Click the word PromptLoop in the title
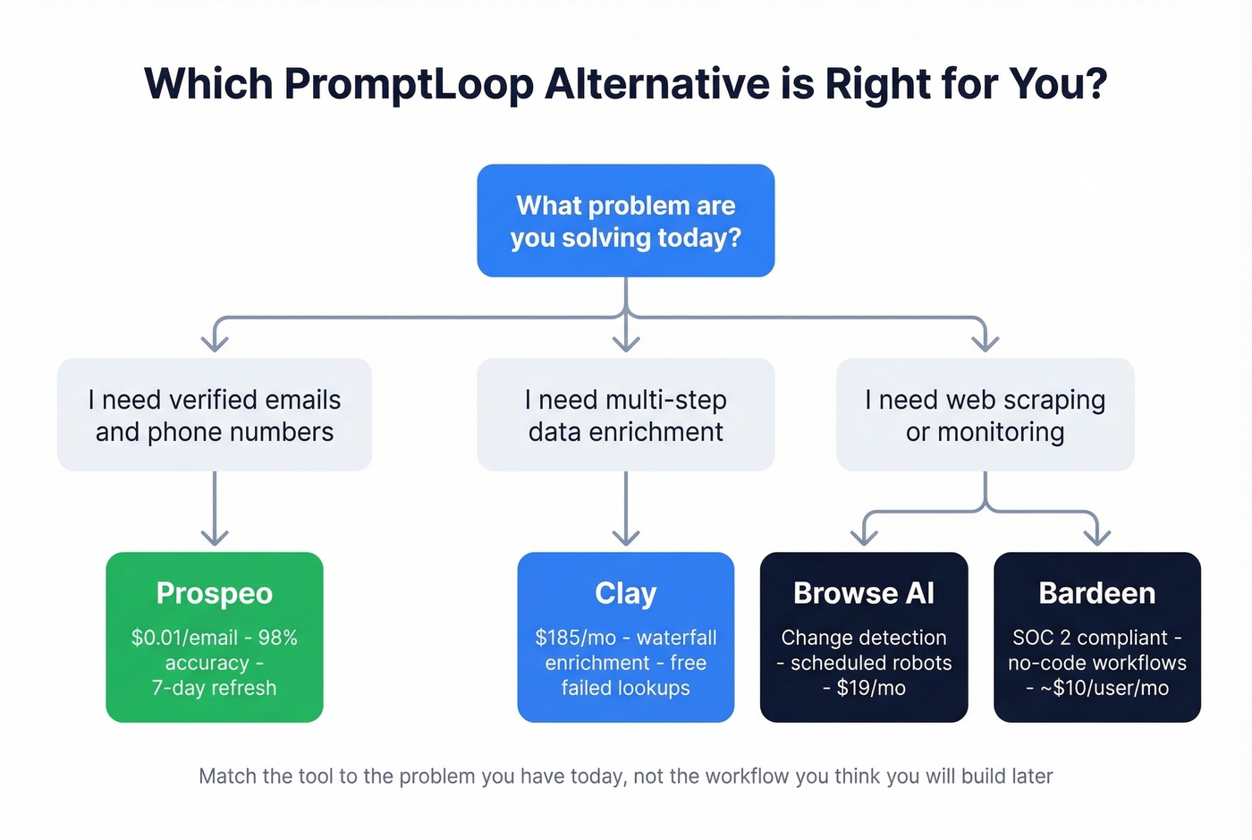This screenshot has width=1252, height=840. point(410,84)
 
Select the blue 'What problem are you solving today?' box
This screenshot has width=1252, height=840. point(625,221)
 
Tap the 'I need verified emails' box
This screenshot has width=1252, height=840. point(215,415)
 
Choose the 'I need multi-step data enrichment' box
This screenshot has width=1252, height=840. point(625,415)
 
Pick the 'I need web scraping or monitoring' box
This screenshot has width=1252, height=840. point(985,415)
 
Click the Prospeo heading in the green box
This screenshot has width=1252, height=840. point(215,593)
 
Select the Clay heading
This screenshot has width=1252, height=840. point(625,593)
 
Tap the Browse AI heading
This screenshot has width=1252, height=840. point(863,593)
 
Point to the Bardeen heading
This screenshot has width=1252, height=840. point(1096,593)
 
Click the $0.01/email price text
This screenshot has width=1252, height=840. point(184,638)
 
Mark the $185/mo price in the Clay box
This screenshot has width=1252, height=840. point(575,638)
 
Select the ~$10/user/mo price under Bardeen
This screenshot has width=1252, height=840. point(1104,688)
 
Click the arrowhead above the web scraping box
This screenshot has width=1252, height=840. point(985,343)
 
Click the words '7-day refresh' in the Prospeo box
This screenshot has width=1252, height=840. point(215,688)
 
